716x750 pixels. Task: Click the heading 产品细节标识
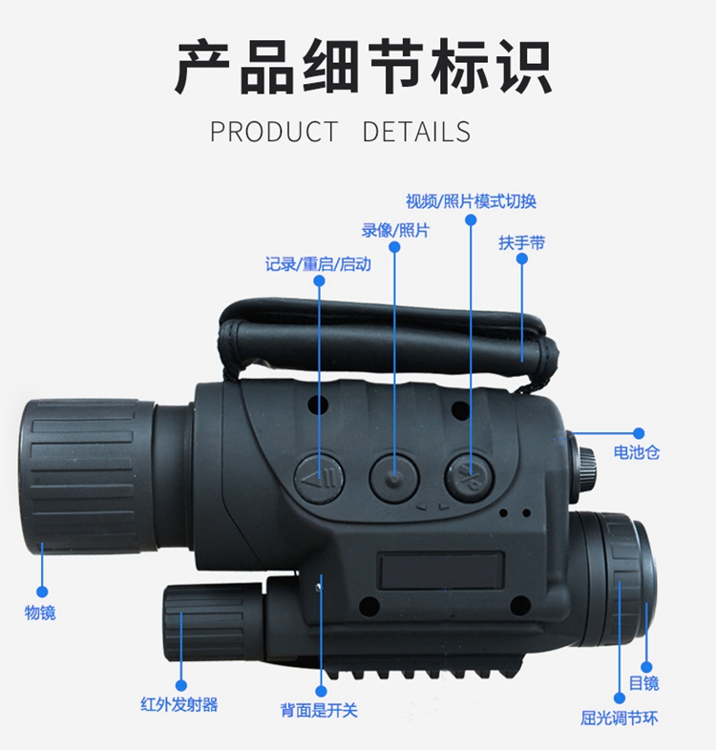point(363,68)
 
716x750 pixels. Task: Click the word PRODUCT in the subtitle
point(274,132)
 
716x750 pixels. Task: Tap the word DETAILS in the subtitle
point(416,132)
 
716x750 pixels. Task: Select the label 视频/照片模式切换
point(471,200)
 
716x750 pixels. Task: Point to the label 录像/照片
point(394,230)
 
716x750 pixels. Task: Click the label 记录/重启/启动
point(318,263)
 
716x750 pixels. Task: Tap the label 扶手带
point(521,242)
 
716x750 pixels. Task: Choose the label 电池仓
point(636,452)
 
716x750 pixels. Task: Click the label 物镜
point(40,612)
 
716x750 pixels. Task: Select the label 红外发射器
point(179,705)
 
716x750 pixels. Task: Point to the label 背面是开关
point(319,711)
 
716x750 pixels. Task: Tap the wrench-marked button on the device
point(469,474)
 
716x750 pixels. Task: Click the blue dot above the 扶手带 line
point(521,259)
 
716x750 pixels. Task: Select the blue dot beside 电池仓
point(639,433)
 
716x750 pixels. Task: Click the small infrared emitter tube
point(205,619)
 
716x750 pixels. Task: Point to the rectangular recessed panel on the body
point(440,571)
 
